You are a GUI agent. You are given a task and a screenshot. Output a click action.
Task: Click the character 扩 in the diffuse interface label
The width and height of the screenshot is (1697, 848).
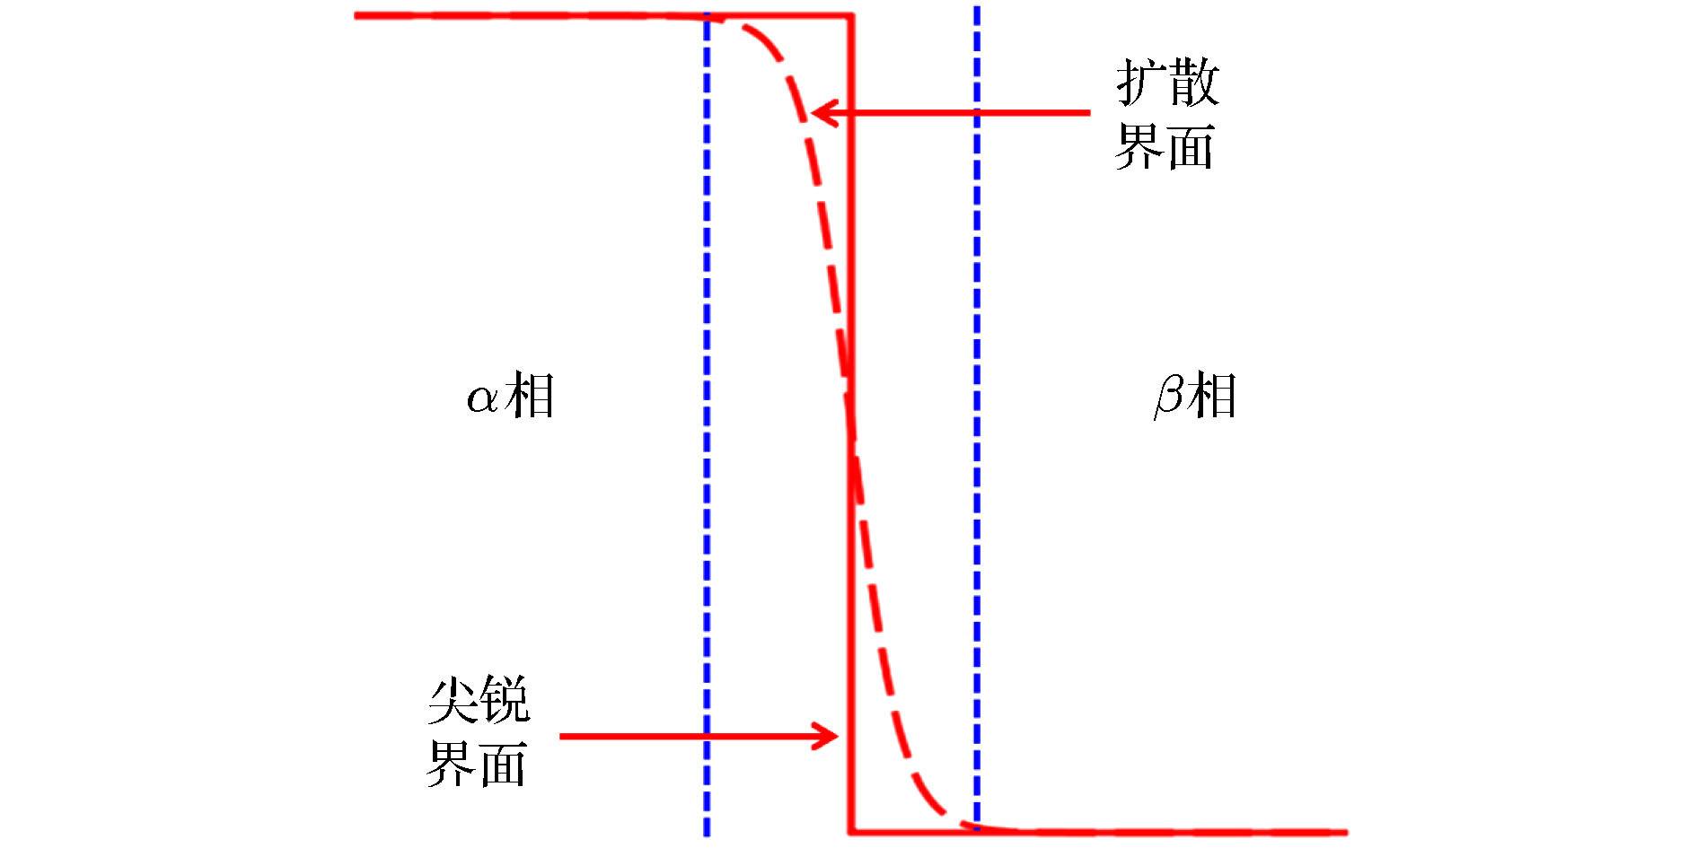tap(1140, 83)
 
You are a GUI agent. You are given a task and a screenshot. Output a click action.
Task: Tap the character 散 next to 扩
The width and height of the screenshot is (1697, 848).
tap(1193, 83)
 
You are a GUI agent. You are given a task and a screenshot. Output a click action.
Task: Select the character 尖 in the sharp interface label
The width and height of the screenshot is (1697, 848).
tap(452, 700)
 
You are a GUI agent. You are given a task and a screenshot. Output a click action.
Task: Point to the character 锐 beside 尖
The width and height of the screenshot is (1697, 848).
tap(504, 700)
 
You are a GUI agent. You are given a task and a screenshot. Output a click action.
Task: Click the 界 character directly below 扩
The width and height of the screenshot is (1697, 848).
tap(1139, 146)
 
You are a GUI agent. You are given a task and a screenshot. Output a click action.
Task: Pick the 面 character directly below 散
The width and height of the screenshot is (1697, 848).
tap(1191, 146)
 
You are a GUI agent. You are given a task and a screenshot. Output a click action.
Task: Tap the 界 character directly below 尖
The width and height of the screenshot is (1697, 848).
tap(451, 764)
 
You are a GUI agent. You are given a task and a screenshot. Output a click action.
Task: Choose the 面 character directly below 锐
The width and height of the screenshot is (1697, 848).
tap(503, 764)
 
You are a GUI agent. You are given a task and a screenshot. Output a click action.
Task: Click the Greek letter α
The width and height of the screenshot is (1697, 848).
tap(482, 398)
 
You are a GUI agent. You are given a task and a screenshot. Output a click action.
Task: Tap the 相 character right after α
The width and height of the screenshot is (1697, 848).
tap(530, 396)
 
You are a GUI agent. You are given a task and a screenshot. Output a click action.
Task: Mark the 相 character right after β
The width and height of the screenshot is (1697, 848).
tap(1212, 396)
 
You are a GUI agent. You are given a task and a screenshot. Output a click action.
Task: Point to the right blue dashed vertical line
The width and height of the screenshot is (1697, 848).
tap(977, 269)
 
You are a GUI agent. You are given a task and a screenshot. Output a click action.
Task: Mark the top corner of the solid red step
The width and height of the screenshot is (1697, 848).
tap(851, 15)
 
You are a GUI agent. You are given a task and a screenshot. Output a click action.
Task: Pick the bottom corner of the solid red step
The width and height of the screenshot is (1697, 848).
tap(851, 832)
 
